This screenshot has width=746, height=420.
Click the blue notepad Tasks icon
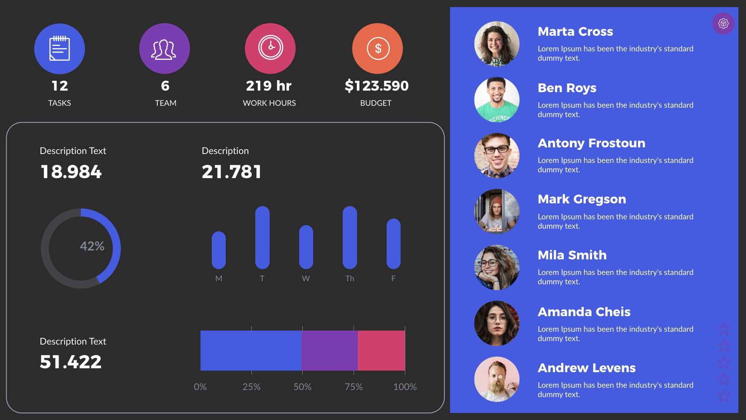tap(59, 49)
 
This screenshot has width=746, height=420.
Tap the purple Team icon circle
tap(164, 49)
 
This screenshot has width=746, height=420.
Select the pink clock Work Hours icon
tap(270, 49)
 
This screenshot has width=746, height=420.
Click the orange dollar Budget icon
tap(377, 49)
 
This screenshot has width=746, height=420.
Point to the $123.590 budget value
tap(376, 86)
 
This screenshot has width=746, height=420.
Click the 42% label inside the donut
tap(92, 246)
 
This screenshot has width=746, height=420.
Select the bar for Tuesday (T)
tap(262, 237)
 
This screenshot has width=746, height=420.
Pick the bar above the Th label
tap(350, 237)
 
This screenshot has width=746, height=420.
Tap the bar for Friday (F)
tap(393, 243)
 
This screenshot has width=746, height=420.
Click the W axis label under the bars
tap(306, 278)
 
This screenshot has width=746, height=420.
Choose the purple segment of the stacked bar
tap(329, 350)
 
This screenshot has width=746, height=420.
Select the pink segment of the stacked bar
tap(381, 350)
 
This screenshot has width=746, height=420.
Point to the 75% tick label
tap(354, 387)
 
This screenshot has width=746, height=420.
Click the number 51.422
tap(71, 362)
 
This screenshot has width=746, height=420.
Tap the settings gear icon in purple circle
tap(723, 23)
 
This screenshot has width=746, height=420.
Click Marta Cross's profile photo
tap(497, 44)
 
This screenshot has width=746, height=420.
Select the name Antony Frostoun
tap(591, 143)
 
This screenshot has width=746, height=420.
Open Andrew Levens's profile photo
tap(497, 379)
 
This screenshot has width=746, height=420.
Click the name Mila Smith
tap(572, 255)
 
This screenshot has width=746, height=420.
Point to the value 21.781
tap(232, 172)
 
